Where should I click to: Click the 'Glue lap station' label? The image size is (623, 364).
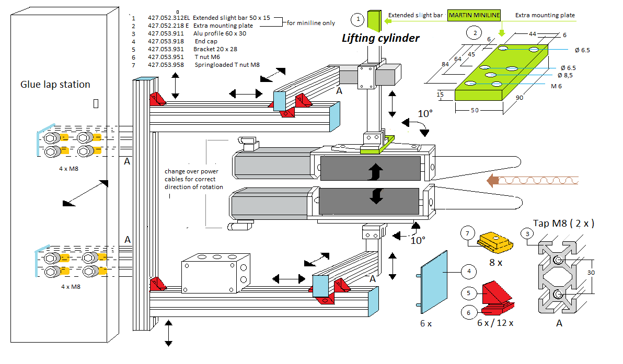[x=55, y=85]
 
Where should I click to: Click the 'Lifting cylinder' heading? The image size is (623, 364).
[x=380, y=38]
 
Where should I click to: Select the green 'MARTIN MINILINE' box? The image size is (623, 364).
[x=474, y=15]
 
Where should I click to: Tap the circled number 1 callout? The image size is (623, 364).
[x=358, y=19]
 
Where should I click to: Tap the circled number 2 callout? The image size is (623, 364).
[x=475, y=32]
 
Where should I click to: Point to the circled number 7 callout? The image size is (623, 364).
[x=467, y=233]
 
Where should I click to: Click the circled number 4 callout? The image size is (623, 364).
[x=469, y=271]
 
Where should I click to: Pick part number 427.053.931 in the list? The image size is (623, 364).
[x=166, y=49]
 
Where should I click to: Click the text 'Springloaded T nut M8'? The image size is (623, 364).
[x=227, y=65]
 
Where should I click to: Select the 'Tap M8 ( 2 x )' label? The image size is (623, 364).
[x=563, y=224]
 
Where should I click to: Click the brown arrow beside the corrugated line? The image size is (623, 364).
[x=493, y=181]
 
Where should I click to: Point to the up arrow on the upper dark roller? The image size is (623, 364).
[x=375, y=172]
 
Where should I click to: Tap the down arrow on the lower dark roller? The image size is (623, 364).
[x=376, y=196]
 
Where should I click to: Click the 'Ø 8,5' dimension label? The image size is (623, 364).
[x=565, y=75]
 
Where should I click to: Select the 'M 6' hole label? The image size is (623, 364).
[x=556, y=86]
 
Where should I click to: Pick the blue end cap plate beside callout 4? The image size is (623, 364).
[x=433, y=282]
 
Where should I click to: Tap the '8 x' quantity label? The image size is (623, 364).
[x=495, y=263]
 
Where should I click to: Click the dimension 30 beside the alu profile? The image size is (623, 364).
[x=591, y=273]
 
